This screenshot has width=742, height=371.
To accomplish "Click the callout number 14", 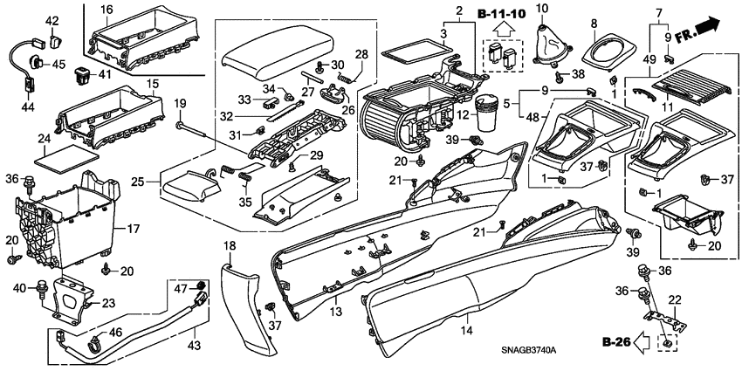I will pyautogui.click(x=465, y=331).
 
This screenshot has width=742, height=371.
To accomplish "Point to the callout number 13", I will pyautogui.click(x=334, y=312).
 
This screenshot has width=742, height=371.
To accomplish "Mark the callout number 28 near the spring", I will pyautogui.click(x=361, y=56).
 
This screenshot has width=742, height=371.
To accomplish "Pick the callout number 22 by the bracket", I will pyautogui.click(x=674, y=300).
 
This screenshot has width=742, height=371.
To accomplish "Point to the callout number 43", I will pyautogui.click(x=194, y=346).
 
